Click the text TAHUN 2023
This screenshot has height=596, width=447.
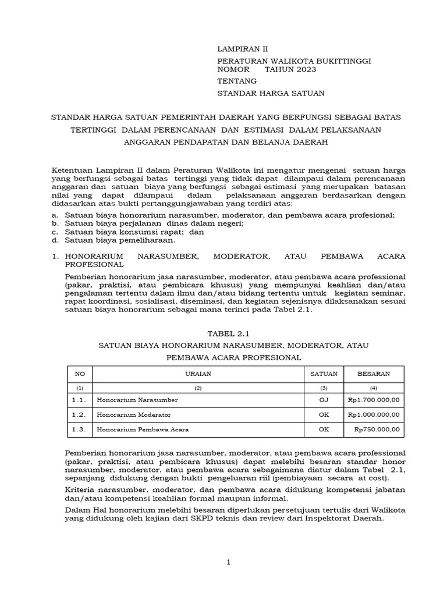290,70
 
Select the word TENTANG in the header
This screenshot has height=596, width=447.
236,82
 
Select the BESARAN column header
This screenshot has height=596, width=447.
374,374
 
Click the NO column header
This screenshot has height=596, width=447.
79,374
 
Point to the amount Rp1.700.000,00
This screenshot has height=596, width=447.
373,400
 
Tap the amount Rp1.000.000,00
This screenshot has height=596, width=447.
373,415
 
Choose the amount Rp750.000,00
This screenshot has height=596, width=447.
377,430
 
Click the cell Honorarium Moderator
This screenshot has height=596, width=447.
134,415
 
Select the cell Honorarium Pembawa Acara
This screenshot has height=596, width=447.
143,430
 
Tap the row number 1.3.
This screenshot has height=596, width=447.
79,430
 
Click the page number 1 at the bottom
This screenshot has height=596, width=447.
229,562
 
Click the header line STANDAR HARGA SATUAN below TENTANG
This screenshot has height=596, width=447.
271,94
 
